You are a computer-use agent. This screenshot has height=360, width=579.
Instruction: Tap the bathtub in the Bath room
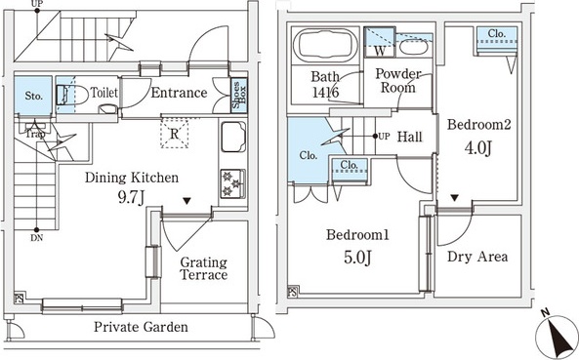click(x=325, y=45)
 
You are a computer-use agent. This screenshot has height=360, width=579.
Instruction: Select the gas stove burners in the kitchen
click(x=232, y=183)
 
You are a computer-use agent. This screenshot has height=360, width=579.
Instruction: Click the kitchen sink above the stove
click(x=233, y=137)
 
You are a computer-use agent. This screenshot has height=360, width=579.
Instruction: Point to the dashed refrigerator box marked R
click(x=175, y=134)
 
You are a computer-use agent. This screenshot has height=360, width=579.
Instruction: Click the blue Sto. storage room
click(x=33, y=96)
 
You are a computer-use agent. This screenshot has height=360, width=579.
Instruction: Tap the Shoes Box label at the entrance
click(x=239, y=96)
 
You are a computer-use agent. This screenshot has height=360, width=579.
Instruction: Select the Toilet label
click(x=104, y=93)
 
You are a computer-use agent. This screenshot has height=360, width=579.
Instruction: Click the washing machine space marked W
click(x=380, y=42)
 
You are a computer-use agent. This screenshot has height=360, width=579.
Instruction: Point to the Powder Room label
click(x=398, y=81)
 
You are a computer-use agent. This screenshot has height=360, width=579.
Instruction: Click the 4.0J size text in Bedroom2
click(x=478, y=147)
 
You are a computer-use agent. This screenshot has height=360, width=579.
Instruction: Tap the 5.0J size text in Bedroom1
click(x=357, y=258)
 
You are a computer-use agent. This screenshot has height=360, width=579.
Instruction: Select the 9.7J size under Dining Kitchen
click(x=131, y=198)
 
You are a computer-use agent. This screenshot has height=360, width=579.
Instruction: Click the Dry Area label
click(x=477, y=257)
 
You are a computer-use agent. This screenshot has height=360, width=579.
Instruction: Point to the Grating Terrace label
click(x=203, y=269)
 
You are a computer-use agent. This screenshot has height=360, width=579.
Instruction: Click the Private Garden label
click(x=141, y=327)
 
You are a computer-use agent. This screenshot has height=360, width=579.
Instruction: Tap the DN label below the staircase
click(x=36, y=238)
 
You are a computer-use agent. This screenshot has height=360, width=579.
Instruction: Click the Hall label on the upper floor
click(x=409, y=137)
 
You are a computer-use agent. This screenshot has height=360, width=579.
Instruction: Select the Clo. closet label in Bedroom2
click(x=496, y=33)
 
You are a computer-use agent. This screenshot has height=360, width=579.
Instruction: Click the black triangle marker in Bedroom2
click(x=455, y=198)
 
